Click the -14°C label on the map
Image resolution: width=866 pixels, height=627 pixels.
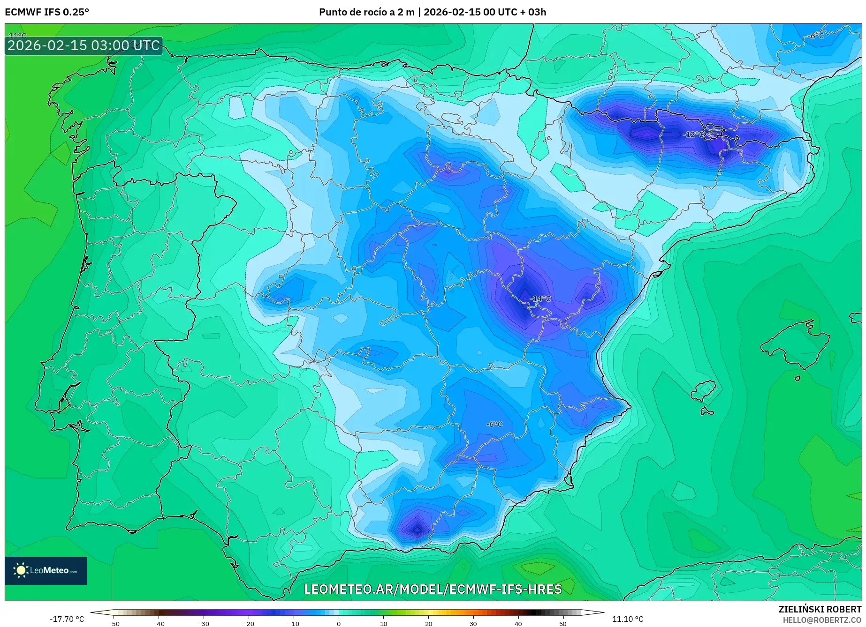point(540,299)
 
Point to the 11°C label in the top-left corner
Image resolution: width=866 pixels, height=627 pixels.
point(17,36)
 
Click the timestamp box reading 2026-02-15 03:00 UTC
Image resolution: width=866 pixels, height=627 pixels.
point(84,45)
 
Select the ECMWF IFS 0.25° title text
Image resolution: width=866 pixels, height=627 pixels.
point(47,12)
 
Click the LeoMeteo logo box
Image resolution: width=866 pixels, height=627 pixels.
point(46,570)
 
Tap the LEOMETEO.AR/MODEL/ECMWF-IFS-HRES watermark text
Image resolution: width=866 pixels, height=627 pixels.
point(433,589)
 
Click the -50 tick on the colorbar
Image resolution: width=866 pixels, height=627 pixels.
point(114,623)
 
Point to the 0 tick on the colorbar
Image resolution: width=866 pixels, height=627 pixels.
point(339,623)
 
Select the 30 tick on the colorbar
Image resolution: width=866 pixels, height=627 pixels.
point(473,623)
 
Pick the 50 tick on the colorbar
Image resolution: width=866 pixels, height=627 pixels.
point(563,623)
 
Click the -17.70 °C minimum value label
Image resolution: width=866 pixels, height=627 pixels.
point(67,619)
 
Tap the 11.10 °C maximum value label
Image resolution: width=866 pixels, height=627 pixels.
point(628,619)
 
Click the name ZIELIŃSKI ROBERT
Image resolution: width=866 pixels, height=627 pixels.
point(820,609)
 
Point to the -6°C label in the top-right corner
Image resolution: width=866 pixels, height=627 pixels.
point(815,36)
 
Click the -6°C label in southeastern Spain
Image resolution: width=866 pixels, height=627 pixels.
point(494,424)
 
